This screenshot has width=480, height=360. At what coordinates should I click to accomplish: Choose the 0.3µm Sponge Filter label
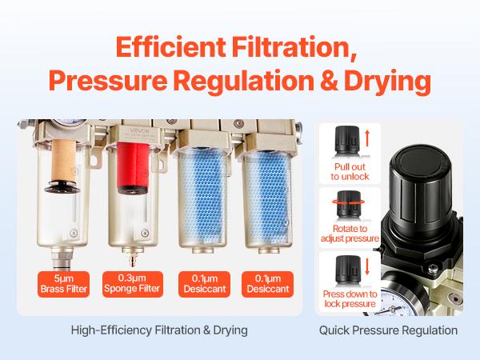pos(132,283)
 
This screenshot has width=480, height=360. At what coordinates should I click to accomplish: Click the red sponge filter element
pos(130,192)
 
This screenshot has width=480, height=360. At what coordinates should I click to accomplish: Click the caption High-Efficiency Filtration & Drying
pos(159,330)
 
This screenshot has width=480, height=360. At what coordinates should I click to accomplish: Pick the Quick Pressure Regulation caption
pos(388,330)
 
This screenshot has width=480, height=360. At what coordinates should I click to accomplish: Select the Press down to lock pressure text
pos(349,299)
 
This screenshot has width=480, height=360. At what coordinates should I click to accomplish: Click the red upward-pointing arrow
pos(367,139)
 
